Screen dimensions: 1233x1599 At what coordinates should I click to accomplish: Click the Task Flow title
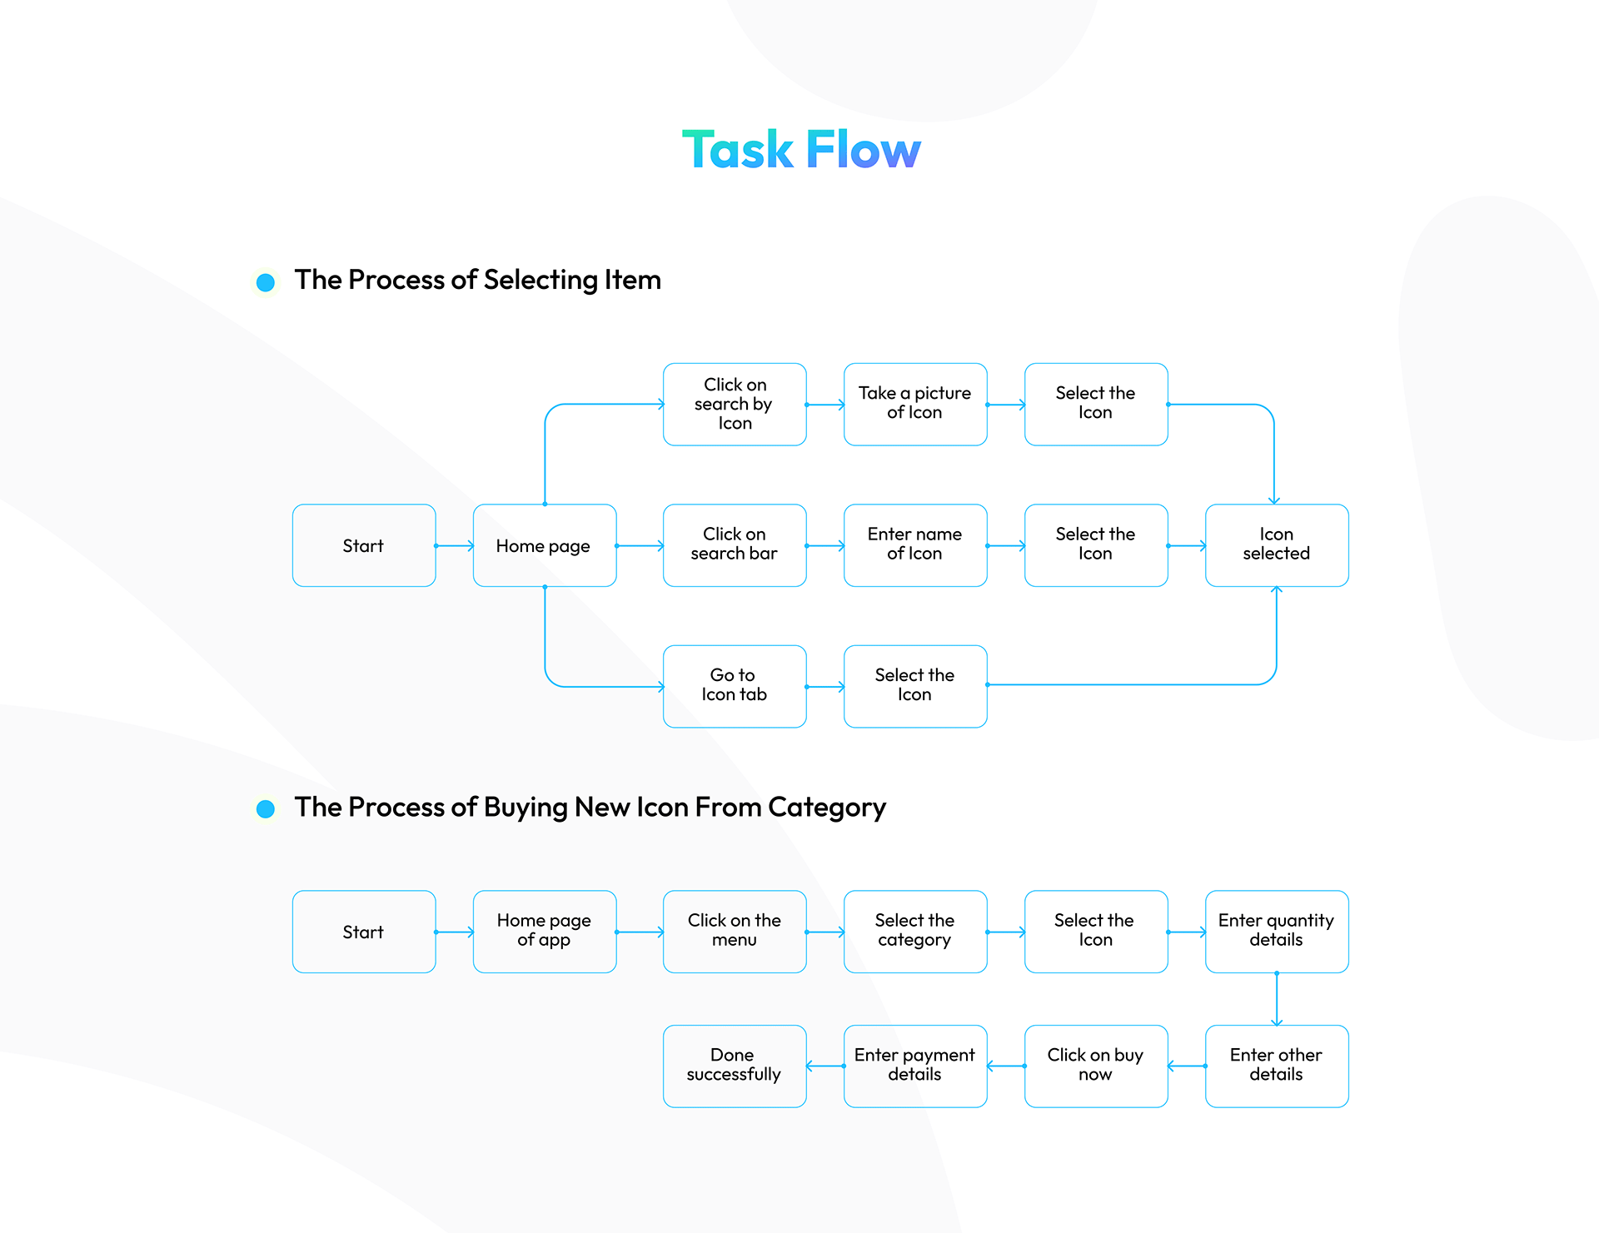801,151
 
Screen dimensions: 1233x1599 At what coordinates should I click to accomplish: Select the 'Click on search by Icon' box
735,405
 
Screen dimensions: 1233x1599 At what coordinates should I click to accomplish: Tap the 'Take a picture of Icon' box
915,405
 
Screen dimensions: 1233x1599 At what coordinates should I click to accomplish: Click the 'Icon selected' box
1277,545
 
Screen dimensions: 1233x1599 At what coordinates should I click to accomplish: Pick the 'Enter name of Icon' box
915,545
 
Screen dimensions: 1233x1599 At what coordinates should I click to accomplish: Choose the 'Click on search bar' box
735,545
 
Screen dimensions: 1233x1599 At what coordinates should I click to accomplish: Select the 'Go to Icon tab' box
735,686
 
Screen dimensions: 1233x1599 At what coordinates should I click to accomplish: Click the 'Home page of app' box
545,932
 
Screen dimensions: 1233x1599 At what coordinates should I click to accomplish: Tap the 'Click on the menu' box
735,932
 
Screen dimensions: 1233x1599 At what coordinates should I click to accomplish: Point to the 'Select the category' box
915,932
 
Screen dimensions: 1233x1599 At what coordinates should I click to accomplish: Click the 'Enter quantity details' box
1277,932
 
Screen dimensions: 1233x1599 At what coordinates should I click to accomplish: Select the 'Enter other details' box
1277,1066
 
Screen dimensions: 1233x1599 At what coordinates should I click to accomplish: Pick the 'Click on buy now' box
1096,1066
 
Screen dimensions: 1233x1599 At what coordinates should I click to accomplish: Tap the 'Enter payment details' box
915,1066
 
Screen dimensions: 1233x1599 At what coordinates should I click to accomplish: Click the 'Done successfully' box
735,1066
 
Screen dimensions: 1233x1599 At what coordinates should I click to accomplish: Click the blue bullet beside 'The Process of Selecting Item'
266,282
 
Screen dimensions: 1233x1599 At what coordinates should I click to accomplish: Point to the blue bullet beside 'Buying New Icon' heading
266,808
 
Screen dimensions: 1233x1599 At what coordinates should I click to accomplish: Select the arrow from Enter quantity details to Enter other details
1277,999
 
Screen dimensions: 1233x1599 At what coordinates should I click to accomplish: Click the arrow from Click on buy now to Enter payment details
1006,1066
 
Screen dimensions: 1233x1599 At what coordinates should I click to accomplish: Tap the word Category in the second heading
826,808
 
